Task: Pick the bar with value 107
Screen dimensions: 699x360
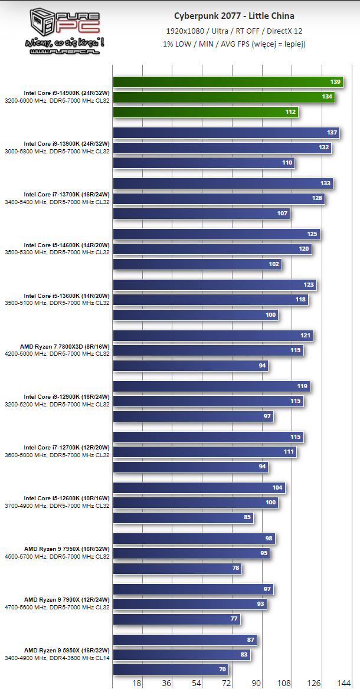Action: click(201, 213)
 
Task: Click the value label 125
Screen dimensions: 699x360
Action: click(312, 234)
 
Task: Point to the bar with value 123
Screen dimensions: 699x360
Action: click(214, 285)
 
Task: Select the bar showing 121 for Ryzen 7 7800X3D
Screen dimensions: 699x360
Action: click(212, 336)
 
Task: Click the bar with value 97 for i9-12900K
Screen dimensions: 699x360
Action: click(192, 416)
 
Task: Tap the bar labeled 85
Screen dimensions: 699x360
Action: click(183, 518)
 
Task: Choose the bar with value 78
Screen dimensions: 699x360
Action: click(177, 569)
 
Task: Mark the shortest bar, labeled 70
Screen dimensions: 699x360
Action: click(171, 670)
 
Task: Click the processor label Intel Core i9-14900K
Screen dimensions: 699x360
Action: click(67, 93)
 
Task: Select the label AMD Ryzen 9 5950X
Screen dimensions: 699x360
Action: click(67, 650)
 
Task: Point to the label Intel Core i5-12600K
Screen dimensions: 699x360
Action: click(67, 498)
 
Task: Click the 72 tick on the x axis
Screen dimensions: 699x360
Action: click(226, 683)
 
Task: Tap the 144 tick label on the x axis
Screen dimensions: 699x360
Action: click(343, 683)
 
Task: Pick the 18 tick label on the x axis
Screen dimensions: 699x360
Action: click(137, 683)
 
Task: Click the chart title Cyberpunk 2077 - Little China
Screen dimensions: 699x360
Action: click(234, 16)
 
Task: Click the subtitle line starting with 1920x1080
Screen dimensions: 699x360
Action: click(235, 30)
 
